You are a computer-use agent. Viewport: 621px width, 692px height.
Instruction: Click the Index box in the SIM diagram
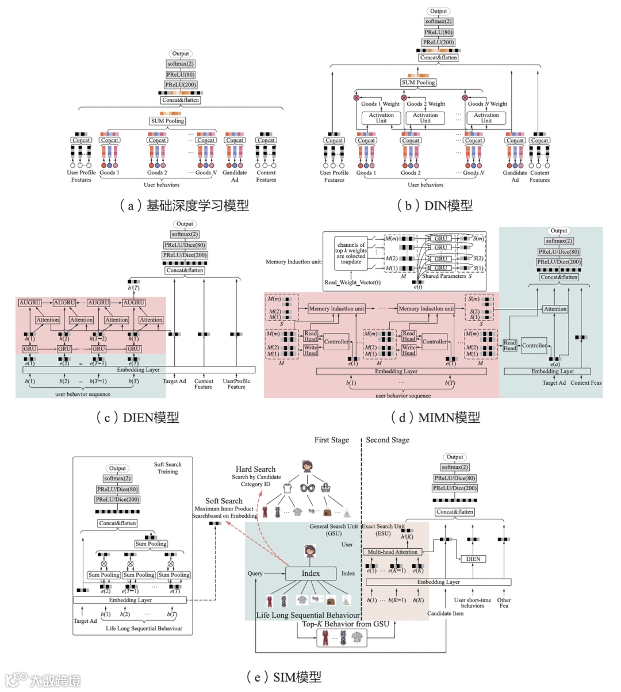(310, 574)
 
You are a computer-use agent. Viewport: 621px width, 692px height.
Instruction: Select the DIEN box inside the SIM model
(473, 559)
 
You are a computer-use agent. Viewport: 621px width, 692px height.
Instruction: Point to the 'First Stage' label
(331, 440)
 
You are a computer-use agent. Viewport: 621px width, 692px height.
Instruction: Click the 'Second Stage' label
(388, 440)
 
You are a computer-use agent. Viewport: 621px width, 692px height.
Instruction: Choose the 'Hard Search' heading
(255, 469)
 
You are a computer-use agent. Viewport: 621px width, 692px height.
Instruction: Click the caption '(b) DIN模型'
(435, 205)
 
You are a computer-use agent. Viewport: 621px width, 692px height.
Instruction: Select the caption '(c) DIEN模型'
(137, 418)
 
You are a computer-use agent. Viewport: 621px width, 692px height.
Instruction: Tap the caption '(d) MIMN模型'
(435, 418)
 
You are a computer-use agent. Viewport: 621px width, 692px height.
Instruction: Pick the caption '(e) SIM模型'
(283, 677)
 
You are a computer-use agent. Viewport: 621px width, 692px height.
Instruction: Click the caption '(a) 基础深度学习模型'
(184, 205)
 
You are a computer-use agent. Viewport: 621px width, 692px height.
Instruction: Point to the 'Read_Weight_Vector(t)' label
(352, 282)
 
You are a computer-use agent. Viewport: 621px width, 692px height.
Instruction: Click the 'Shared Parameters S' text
(447, 276)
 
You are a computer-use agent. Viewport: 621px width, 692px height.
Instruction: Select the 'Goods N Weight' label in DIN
(487, 104)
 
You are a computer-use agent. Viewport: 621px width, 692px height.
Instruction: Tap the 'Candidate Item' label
(445, 613)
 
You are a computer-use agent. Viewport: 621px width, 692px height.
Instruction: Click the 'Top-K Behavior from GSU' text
(346, 624)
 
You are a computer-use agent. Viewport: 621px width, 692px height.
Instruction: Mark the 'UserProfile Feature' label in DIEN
(236, 384)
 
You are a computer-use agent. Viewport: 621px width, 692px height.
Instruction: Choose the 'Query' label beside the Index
(255, 574)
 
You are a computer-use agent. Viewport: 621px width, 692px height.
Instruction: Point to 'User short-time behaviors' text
(472, 603)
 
